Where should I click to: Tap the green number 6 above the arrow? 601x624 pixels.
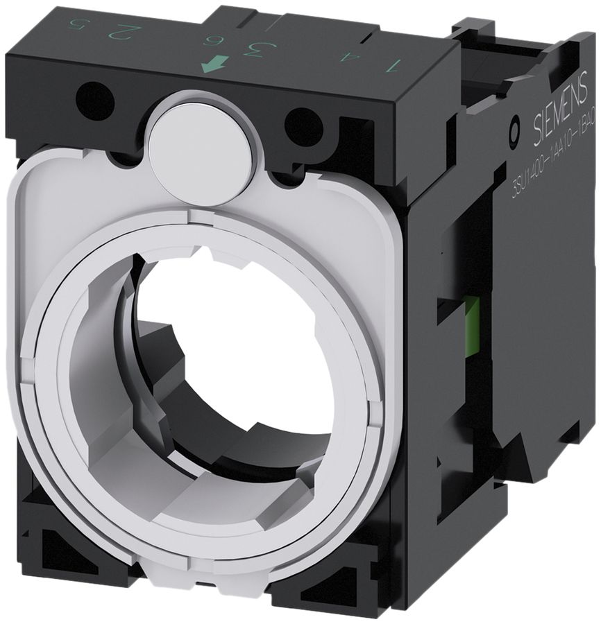coord(209,40)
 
